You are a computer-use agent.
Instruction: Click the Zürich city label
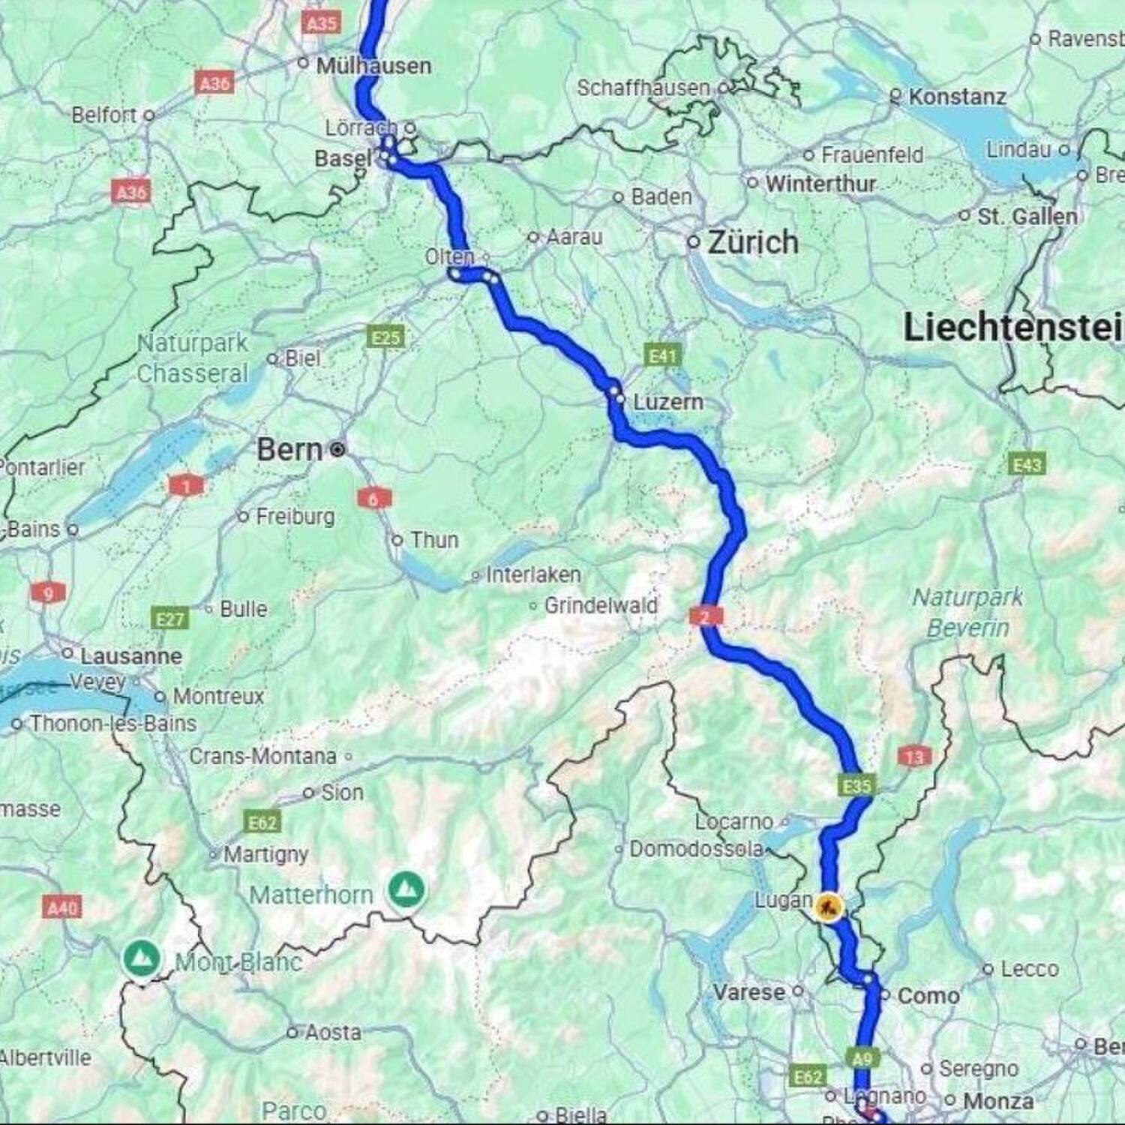752,242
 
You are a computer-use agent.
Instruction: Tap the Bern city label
290,450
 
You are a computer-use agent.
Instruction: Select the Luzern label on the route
667,402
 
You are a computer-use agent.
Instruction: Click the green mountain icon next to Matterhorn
406,889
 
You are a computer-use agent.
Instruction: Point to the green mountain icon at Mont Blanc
141,958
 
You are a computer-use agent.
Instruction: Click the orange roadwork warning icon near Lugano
828,907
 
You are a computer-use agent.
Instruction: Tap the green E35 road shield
856,785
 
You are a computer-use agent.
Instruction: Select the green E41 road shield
662,355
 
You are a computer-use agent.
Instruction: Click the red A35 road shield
322,23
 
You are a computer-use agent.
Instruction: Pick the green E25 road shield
386,337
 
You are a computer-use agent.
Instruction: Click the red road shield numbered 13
914,757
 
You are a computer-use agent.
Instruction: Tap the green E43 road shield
1027,465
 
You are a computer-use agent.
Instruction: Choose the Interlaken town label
532,574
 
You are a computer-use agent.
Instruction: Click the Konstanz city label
957,97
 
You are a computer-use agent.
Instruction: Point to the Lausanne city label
131,656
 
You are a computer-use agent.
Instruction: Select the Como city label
928,996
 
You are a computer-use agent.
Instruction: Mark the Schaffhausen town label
643,88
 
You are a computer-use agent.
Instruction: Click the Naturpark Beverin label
967,612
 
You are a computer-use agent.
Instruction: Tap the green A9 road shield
862,1058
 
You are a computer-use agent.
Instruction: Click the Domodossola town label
695,849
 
